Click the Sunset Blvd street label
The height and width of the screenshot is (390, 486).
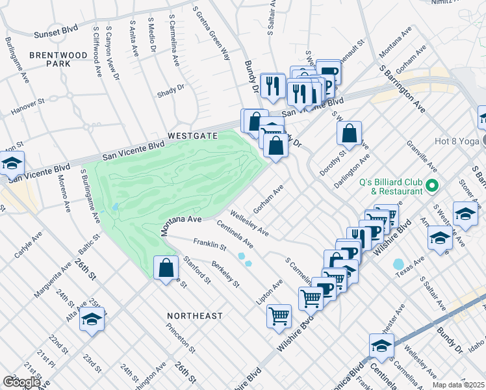click(57, 31)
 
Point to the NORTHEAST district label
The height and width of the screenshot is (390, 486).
click(194, 315)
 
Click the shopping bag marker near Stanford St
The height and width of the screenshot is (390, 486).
click(166, 267)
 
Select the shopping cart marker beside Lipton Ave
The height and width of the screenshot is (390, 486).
click(279, 317)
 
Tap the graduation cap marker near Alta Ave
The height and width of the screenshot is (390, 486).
click(92, 320)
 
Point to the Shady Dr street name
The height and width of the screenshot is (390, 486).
click(170, 91)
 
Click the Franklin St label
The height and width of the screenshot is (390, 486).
click(209, 245)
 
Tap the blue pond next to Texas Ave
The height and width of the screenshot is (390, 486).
click(398, 265)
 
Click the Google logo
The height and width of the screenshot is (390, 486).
click(21, 382)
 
